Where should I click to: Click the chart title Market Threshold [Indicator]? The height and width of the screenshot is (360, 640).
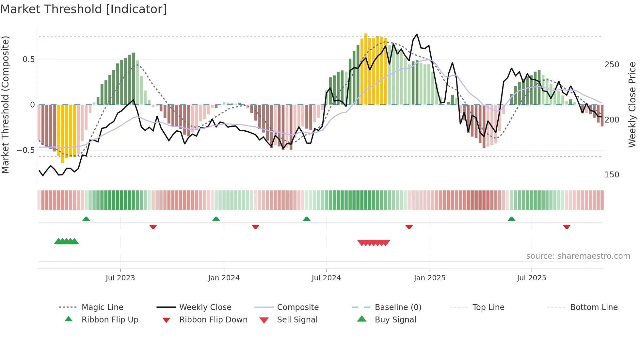click(x=84, y=9)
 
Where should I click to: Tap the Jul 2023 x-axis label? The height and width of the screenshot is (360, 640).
click(x=120, y=278)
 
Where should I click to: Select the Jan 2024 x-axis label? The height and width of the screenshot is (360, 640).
click(x=224, y=278)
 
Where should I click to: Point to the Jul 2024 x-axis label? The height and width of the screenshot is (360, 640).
click(x=326, y=278)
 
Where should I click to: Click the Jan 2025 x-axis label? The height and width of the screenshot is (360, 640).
click(x=429, y=278)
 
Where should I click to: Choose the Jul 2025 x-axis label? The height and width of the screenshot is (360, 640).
click(x=531, y=278)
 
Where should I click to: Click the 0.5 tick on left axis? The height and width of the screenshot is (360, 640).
click(x=28, y=59)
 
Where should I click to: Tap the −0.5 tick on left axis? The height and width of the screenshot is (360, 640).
click(x=26, y=150)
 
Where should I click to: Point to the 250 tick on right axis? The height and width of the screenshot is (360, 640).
click(x=612, y=65)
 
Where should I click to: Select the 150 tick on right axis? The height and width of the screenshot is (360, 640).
click(x=612, y=175)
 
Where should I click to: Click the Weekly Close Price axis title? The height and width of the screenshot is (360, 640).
click(x=632, y=105)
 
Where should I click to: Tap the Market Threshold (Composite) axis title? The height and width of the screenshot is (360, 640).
click(x=5, y=105)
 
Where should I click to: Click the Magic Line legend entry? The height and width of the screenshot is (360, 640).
click(x=102, y=307)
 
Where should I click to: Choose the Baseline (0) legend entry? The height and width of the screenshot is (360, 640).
click(x=398, y=307)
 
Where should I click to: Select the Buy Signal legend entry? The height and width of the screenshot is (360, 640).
click(x=395, y=320)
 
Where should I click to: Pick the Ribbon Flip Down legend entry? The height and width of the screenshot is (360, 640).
click(x=213, y=320)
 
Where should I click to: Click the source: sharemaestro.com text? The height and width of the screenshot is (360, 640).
click(x=578, y=256)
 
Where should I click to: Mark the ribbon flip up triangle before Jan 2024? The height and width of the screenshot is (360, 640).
click(x=216, y=219)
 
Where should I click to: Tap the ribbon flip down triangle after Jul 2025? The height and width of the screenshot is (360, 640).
click(x=567, y=227)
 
